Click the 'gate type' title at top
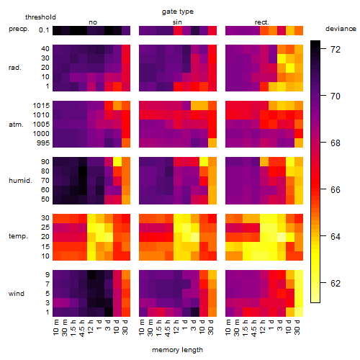point(178,12)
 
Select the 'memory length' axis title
point(177,350)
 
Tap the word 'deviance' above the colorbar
point(341,29)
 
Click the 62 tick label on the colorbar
point(336,284)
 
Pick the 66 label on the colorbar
point(336,190)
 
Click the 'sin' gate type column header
point(177,22)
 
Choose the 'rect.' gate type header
point(262,22)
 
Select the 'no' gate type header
point(93,22)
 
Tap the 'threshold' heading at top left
point(40,17)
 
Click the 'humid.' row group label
point(20,181)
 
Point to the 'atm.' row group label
point(16,125)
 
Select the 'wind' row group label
point(17,293)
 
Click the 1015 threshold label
point(41,106)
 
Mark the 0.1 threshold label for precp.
point(44,30)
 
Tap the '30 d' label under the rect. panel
point(297,327)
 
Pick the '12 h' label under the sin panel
point(176,327)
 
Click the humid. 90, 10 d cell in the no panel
point(117,162)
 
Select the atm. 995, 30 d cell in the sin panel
point(212,143)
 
